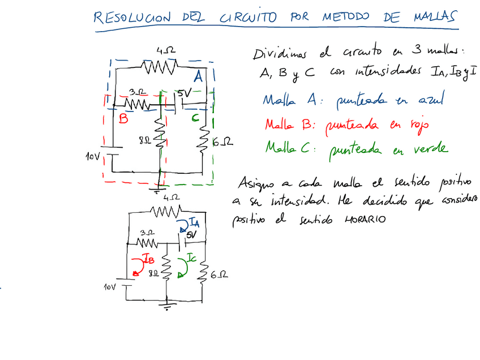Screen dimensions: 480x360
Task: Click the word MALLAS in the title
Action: point(431,18)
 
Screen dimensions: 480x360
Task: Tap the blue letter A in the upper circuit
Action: point(199,76)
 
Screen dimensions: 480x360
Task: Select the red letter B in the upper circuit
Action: point(123,119)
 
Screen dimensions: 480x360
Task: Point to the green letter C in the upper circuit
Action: point(194,118)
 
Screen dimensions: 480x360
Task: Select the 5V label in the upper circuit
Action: point(185,92)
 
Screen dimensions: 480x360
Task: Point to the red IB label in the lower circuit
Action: point(148,260)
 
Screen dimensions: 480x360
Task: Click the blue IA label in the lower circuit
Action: point(193,221)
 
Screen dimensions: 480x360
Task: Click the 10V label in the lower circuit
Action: point(111,288)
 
